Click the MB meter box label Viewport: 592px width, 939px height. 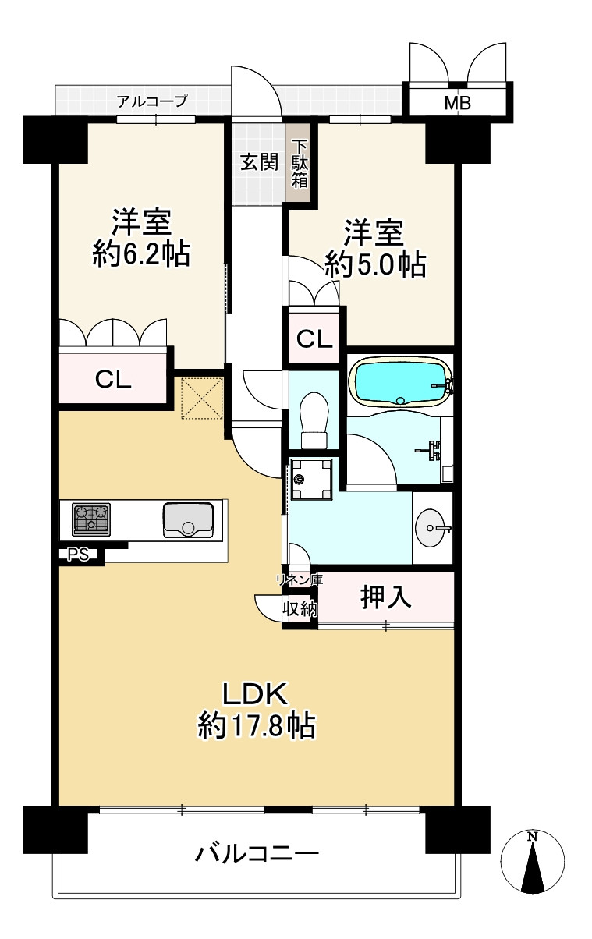[457, 103]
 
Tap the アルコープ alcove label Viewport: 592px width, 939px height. [152, 101]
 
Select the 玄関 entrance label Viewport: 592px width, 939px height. [259, 161]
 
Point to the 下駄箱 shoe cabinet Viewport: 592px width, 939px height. [300, 163]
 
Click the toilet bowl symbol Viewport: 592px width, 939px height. [314, 421]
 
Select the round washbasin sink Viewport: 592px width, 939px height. [431, 528]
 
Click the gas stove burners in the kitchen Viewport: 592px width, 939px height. [91, 519]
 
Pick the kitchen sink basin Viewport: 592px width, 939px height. [188, 519]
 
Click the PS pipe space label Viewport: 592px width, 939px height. [79, 555]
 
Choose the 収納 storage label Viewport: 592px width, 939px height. [300, 608]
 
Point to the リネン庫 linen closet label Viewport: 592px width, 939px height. [300, 579]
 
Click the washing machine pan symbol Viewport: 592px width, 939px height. [310, 479]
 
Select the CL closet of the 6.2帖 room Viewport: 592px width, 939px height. [113, 379]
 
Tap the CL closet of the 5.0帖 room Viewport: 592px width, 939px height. [314, 338]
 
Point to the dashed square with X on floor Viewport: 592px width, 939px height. [202, 398]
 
